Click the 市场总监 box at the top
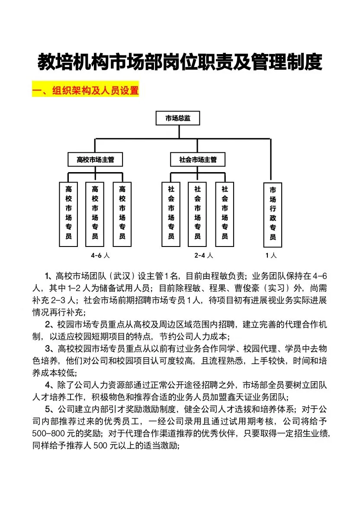(x=178, y=118)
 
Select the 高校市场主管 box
(x=95, y=160)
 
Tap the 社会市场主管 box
(x=198, y=160)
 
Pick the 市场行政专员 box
(x=273, y=214)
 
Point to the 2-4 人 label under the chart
(x=203, y=256)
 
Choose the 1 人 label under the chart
(x=271, y=256)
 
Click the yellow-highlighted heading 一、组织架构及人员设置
(x=85, y=91)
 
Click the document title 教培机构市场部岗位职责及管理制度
(x=180, y=62)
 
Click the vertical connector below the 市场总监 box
(x=178, y=132)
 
